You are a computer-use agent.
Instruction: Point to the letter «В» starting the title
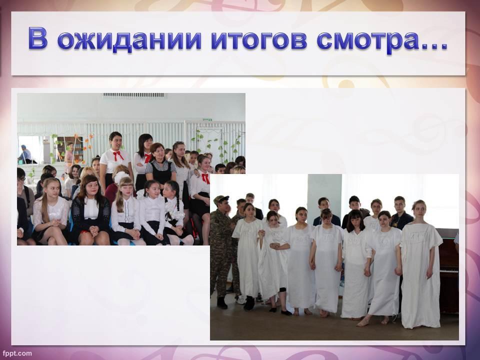tap(38, 38)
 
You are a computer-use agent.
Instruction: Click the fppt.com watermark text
tap(17, 353)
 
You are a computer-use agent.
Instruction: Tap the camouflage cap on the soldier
tap(221, 198)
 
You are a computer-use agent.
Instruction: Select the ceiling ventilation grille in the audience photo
tap(134, 95)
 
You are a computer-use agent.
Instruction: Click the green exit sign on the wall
tap(208, 119)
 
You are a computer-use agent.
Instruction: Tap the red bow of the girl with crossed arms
tap(148, 157)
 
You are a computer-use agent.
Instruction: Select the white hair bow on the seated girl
tap(121, 176)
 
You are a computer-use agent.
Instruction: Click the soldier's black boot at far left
tap(221, 302)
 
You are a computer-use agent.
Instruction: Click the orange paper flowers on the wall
tap(88, 141)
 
